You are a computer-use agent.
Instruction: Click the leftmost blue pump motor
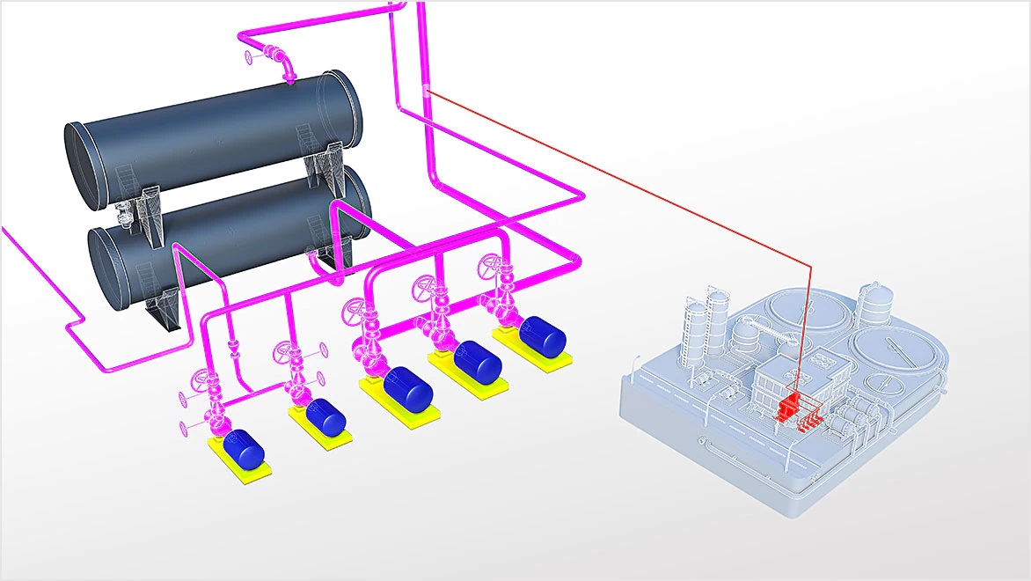click(244, 448)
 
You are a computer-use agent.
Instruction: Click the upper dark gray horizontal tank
click(211, 132)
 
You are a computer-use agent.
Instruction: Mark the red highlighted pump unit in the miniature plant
click(789, 405)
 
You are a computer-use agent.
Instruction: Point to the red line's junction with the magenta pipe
click(425, 89)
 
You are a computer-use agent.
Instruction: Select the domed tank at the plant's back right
click(876, 305)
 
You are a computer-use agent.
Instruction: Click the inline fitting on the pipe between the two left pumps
click(232, 352)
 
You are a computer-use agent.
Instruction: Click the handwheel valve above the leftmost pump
click(197, 384)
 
